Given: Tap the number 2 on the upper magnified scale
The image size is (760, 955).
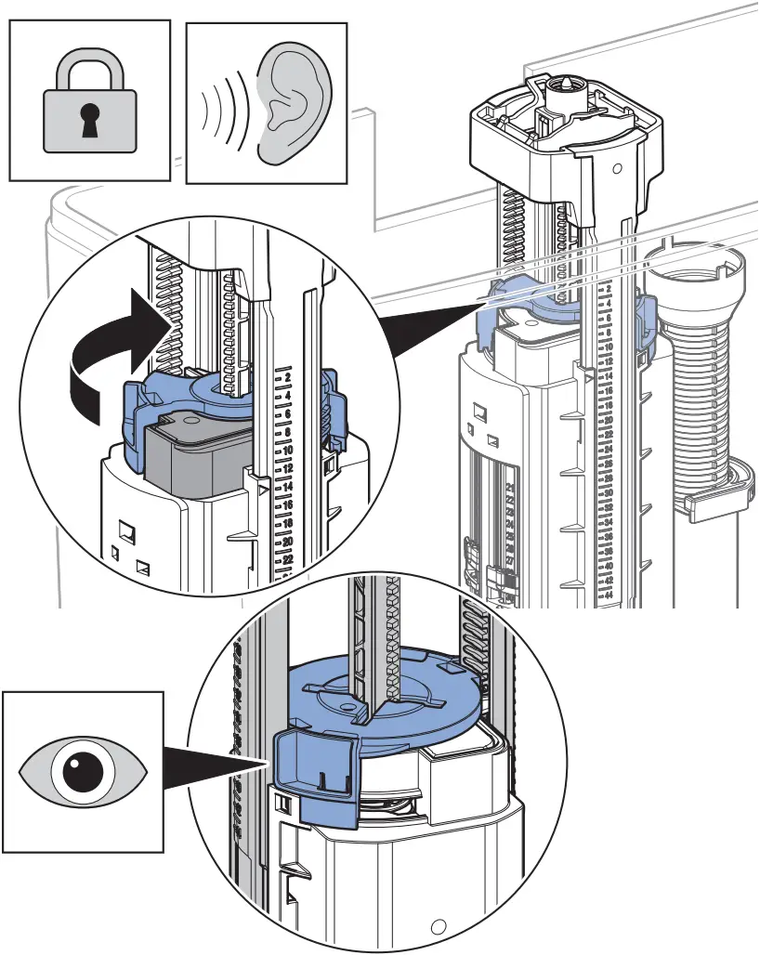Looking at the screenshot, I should click(288, 380).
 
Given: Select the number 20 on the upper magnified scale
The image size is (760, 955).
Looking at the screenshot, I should click(287, 541).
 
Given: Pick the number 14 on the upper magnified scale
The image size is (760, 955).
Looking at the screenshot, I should click(287, 487).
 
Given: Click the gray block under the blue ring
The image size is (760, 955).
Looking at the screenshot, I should click(195, 455).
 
